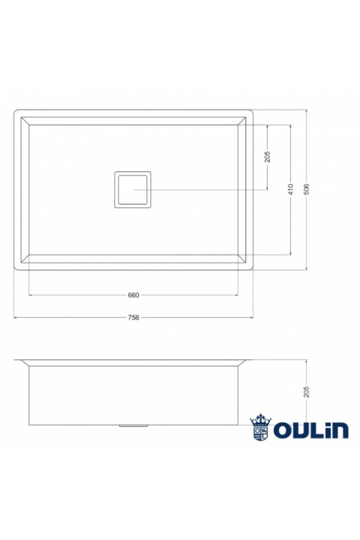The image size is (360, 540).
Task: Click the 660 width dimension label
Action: pyautogui.click(x=133, y=295)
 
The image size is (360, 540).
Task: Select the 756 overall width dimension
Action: pyautogui.click(x=133, y=317)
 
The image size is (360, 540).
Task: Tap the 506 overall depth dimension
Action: pyautogui.click(x=307, y=189)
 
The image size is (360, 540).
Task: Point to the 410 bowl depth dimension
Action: pyautogui.click(x=291, y=189)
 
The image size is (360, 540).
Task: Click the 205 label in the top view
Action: pyautogui.click(x=268, y=157)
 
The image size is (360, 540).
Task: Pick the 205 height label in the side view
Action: pyautogui.click(x=307, y=392)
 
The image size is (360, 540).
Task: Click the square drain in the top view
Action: pyautogui.click(x=133, y=190)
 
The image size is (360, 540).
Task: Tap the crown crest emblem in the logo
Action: pyautogui.click(x=261, y=427)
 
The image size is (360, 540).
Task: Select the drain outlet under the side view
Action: pyautogui.click(x=133, y=426)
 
